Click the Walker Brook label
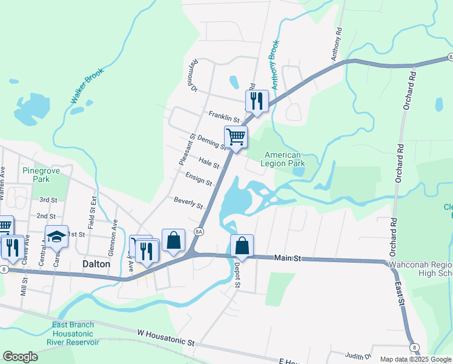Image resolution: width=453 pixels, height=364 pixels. click(87, 86)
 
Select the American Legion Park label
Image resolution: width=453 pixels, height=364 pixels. click(282, 159)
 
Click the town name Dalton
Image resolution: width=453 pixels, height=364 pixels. click(96, 265)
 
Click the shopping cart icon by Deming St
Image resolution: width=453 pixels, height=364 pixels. click(236, 136)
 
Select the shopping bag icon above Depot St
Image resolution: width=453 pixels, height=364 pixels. click(242, 246)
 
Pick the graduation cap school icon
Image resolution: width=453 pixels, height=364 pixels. click(56, 236)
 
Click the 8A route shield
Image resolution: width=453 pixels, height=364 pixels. click(199, 232)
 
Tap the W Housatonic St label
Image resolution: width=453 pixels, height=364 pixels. click(166, 338)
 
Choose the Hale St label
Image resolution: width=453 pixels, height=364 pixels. click(208, 162)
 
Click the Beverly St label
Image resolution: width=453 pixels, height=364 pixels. click(188, 203)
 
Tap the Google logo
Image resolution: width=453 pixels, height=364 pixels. click(20, 356)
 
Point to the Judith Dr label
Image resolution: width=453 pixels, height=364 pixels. click(358, 356)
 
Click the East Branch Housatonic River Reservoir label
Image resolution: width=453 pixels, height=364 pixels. click(73, 334)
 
